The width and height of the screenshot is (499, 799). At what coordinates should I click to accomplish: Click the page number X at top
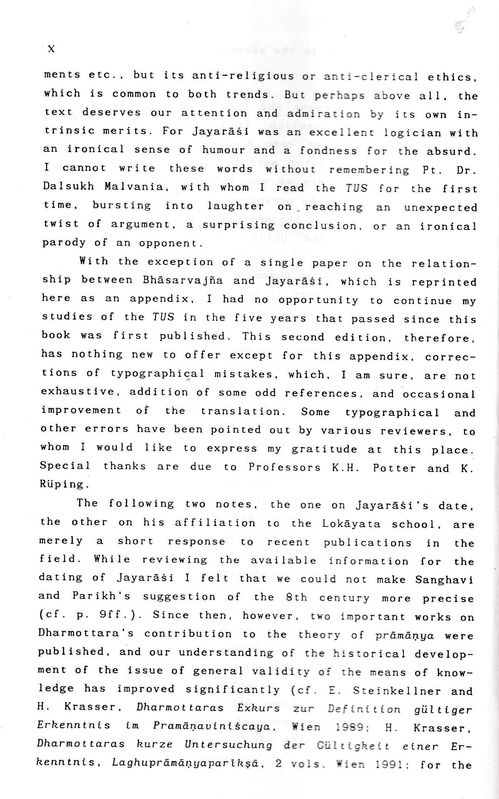(51, 49)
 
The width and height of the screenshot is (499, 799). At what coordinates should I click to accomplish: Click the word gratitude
(324, 449)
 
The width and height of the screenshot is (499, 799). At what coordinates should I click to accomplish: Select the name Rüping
(62, 485)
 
